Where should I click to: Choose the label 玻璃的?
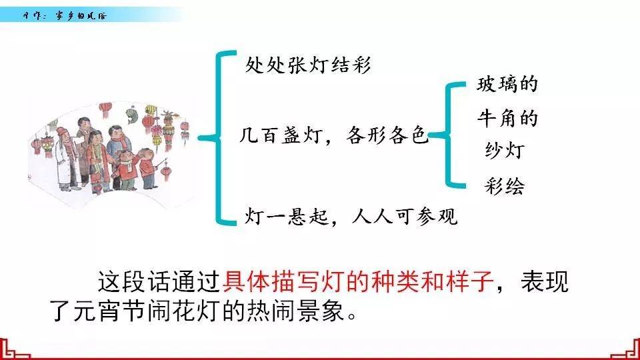[507, 85]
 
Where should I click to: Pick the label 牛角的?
[507, 119]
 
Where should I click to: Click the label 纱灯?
[504, 151]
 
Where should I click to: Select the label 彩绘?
[504, 186]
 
